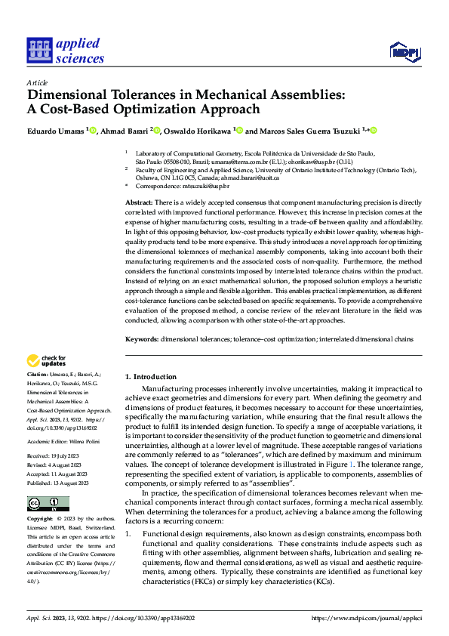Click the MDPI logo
pyautogui.click(x=404, y=51)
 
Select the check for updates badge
pyautogui.click(x=47, y=361)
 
